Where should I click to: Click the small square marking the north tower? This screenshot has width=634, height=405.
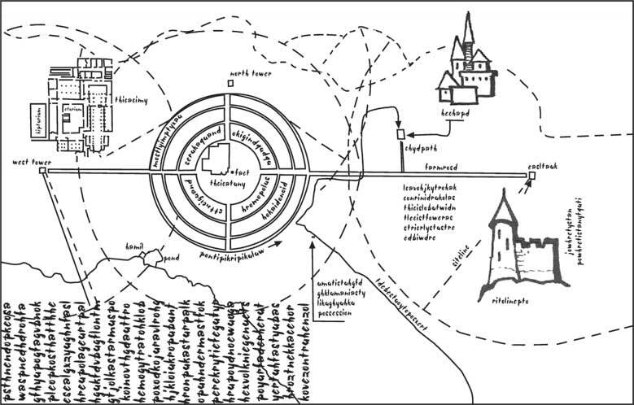pyautogui.click(x=231, y=83)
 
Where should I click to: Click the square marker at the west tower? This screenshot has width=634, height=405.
pyautogui.click(x=42, y=171)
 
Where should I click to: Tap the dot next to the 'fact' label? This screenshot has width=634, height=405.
pyautogui.click(x=231, y=172)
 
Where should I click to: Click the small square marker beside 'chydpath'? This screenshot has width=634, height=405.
pyautogui.click(x=400, y=133)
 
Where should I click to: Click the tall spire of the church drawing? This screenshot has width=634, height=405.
pyautogui.click(x=469, y=28)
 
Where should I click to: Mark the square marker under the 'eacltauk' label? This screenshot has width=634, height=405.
pyautogui.click(x=531, y=175)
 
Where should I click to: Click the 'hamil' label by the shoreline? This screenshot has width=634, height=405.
pyautogui.click(x=134, y=245)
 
